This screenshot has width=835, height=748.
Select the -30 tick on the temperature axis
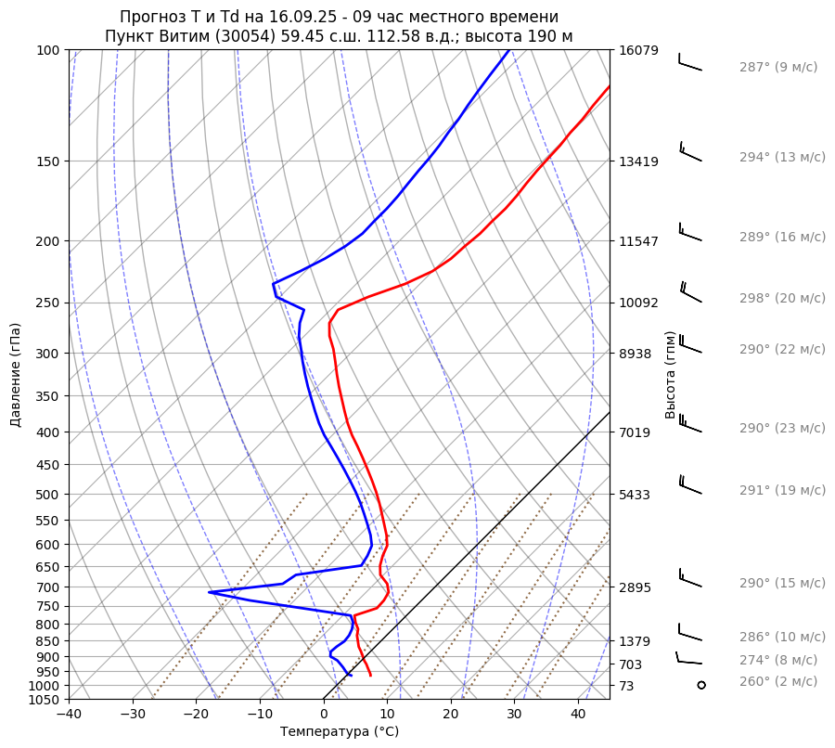[x=133, y=715]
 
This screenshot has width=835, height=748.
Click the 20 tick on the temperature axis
[x=451, y=715]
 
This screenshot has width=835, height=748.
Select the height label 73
[x=627, y=686]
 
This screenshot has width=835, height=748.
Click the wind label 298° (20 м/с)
[x=782, y=298]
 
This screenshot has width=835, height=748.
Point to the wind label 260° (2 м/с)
[x=778, y=681]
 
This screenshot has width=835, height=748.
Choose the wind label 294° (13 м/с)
[x=782, y=157]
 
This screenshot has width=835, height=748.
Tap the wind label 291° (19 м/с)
[x=782, y=490]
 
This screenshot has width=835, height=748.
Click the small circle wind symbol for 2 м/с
[x=700, y=685]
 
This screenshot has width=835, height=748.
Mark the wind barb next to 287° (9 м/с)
[x=689, y=63]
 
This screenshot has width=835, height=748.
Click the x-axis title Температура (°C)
[x=340, y=732]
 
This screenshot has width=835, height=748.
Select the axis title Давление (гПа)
[x=16, y=375]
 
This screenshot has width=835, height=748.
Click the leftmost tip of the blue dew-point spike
[x=209, y=591]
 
